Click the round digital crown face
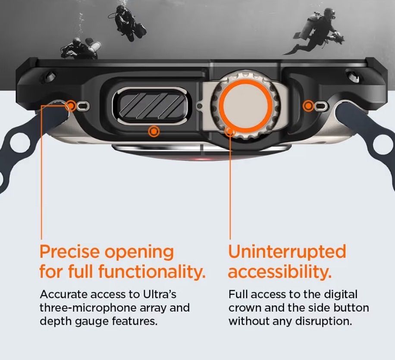tap(245, 105)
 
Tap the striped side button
tap(152, 106)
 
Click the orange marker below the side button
tap(154, 131)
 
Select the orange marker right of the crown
tap(308, 106)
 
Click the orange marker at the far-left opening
tap(71, 106)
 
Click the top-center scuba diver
tap(128, 23)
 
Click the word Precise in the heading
tap(70, 251)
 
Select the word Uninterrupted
tap(287, 252)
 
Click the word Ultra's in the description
tap(160, 294)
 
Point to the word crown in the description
tap(244, 308)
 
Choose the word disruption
tap(323, 321)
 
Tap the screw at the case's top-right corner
tap(352, 75)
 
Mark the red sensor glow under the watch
tap(201, 159)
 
